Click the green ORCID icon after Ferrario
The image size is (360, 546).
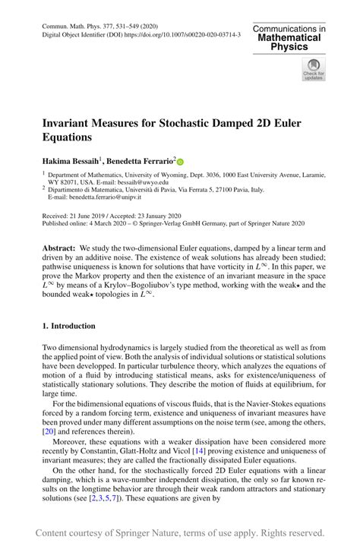coord(181,161)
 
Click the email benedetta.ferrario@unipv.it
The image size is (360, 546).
coord(93,197)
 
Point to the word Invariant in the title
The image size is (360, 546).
coord(73,122)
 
